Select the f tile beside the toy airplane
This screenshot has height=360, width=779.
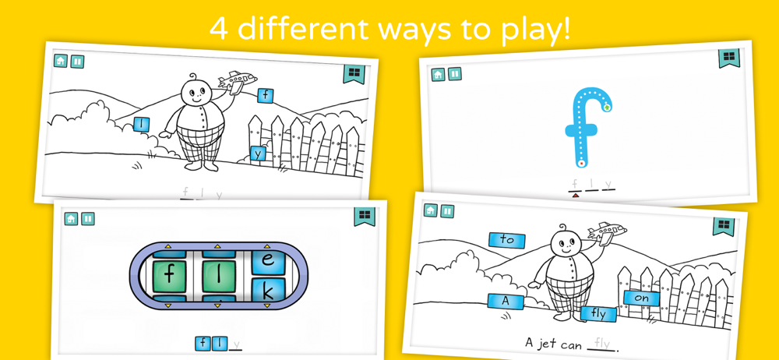pyautogui.click(x=266, y=96)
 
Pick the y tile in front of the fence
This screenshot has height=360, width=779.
pyautogui.click(x=258, y=154)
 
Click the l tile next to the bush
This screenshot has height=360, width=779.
pyautogui.click(x=142, y=124)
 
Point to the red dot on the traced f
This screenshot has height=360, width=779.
pyautogui.click(x=580, y=163)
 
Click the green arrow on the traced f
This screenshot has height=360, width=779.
pyautogui.click(x=607, y=107)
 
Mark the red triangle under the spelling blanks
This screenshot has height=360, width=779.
pyautogui.click(x=576, y=196)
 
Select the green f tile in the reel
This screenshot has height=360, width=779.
pyautogui.click(x=169, y=276)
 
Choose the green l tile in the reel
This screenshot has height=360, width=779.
pyautogui.click(x=219, y=276)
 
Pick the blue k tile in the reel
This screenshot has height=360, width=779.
pyautogui.click(x=268, y=291)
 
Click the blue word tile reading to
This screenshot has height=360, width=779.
pyautogui.click(x=507, y=240)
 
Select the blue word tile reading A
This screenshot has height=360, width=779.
pyautogui.click(x=506, y=301)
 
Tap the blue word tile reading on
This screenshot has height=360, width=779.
pyautogui.click(x=642, y=298)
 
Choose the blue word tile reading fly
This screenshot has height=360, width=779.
pyautogui.click(x=598, y=314)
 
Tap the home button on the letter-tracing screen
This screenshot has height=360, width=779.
pyautogui.click(x=438, y=74)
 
